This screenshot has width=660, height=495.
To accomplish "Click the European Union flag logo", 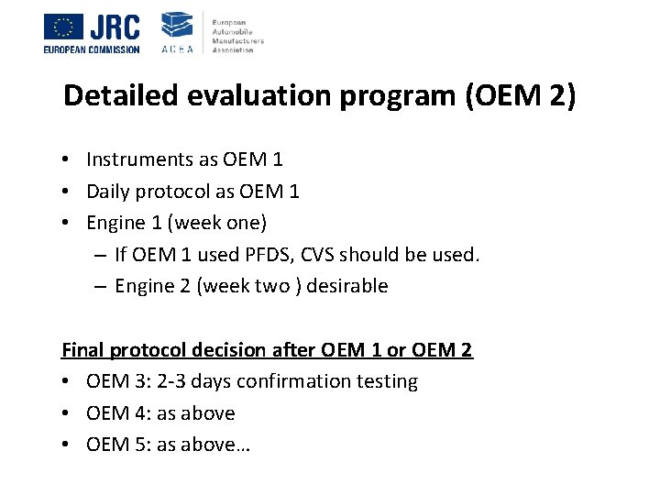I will tap(63, 27).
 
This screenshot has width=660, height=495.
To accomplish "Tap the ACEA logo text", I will tap(177, 49).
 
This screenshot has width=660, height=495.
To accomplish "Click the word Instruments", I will tap(139, 159).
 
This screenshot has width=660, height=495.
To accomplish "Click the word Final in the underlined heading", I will tap(82, 349).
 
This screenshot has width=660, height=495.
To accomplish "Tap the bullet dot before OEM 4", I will tap(69, 413).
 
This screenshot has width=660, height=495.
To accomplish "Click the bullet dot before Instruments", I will tap(69, 159).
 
